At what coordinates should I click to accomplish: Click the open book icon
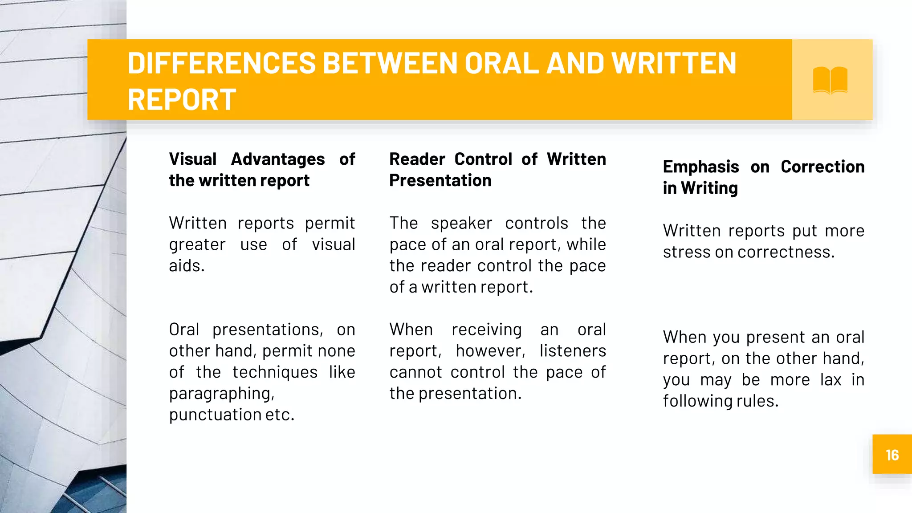pos(830,80)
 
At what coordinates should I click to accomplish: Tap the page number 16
pos(892,455)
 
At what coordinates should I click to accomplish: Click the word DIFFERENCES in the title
pos(221,63)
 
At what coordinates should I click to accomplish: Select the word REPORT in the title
pos(182,99)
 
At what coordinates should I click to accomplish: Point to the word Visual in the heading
pos(193,159)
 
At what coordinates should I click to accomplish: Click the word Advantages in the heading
pos(278,159)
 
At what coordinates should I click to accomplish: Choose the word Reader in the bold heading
pos(417,159)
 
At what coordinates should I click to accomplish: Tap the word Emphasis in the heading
pos(701,167)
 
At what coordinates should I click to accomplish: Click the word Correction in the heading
pos(822,167)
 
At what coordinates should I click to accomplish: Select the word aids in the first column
pos(186,266)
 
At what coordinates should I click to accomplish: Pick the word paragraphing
pos(221,394)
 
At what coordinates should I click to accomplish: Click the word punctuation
pos(215,415)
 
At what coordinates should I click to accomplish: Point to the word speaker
pos(461,223)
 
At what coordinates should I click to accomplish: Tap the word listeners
pos(573,351)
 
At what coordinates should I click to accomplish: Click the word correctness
pos(786,252)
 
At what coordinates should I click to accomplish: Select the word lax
pos(831,380)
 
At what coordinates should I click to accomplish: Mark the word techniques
pos(275,372)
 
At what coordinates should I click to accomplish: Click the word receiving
pos(486,330)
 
